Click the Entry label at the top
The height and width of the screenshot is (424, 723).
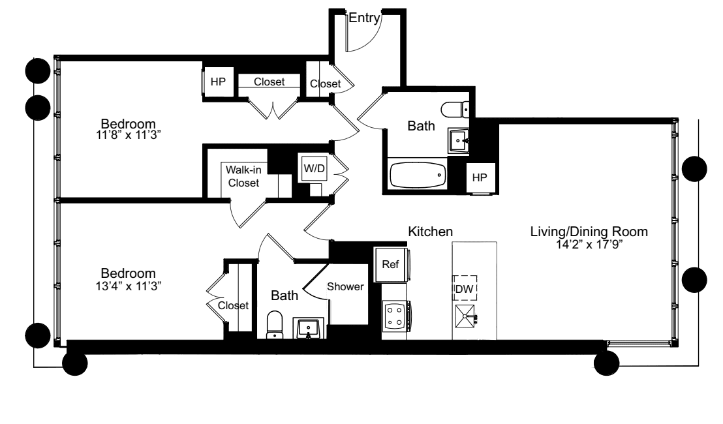point(363,19)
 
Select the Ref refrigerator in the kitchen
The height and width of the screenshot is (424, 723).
point(391,265)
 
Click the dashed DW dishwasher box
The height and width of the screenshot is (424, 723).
point(465,288)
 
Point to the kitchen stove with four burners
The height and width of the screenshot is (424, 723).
point(394,316)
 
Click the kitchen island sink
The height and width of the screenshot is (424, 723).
point(466,318)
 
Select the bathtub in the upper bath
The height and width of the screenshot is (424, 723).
point(418,175)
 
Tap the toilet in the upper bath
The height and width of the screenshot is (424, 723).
point(455,108)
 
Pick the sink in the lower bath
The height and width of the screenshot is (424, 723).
point(309,327)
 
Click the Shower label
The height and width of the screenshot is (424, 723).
point(345,286)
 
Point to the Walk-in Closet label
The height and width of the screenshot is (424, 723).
point(243,176)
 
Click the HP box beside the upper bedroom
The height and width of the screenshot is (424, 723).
point(218,82)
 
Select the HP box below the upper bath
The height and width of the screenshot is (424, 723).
point(479,177)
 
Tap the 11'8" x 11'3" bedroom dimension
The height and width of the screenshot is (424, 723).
point(128,136)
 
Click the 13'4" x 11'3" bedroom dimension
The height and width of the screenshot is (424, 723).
point(128,285)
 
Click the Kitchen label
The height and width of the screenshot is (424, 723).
point(431,232)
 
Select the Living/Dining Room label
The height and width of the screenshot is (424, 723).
point(588,232)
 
